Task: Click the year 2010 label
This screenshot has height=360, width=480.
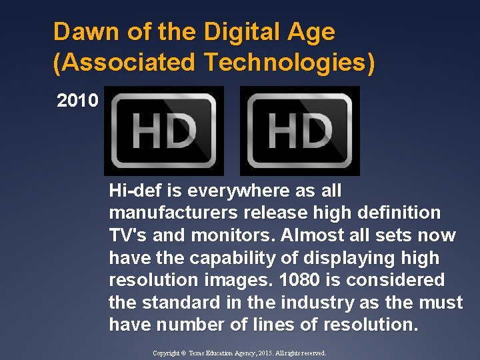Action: pyautogui.click(x=78, y=101)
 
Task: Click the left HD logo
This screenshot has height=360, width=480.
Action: pyautogui.click(x=164, y=130)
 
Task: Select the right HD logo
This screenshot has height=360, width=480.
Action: pyautogui.click(x=299, y=130)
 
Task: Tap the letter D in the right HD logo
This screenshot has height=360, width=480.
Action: pyautogui.click(x=318, y=130)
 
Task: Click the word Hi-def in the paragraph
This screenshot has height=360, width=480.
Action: pyautogui.click(x=136, y=191)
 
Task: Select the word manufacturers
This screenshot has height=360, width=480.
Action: pyautogui.click(x=164, y=213)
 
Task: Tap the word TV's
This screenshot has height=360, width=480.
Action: pyautogui.click(x=127, y=236)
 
